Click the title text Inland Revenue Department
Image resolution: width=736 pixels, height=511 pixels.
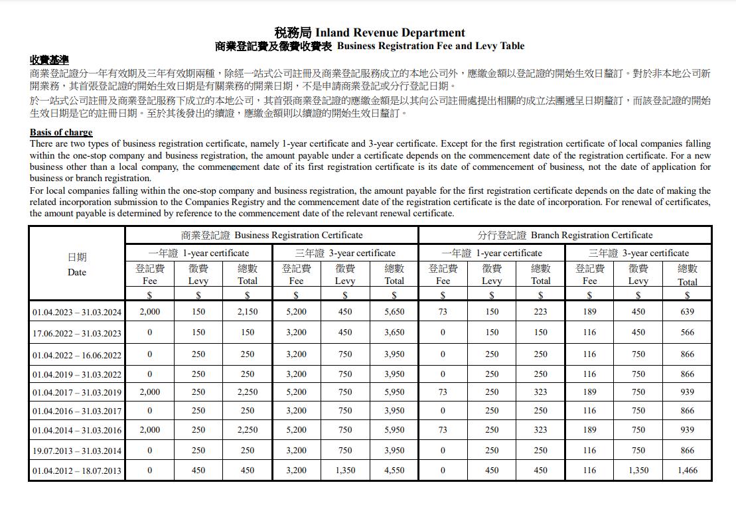click(390, 33)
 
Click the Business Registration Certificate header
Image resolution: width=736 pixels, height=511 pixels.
click(272, 235)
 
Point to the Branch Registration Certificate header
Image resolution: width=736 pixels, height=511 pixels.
click(565, 235)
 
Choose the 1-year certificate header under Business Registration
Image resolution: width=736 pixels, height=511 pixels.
click(198, 253)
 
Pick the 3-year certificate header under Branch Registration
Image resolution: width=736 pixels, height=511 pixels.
click(638, 253)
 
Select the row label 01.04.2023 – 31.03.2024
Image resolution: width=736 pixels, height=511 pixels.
click(77, 312)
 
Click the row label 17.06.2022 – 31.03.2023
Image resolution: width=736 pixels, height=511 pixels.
click(77, 333)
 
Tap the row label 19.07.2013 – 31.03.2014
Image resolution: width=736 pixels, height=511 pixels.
click(77, 451)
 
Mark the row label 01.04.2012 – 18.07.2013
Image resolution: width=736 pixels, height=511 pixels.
click(77, 471)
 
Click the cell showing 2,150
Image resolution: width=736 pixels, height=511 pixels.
click(248, 312)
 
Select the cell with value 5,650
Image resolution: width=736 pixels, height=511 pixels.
click(394, 312)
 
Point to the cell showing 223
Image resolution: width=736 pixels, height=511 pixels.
click(541, 312)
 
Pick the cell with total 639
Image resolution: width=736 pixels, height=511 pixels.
click(687, 312)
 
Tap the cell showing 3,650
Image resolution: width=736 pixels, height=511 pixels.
click(394, 332)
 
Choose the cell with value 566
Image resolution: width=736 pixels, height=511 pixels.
click(687, 332)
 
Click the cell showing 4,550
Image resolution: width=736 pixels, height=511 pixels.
click(394, 471)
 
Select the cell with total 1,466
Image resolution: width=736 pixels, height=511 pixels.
click(687, 471)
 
